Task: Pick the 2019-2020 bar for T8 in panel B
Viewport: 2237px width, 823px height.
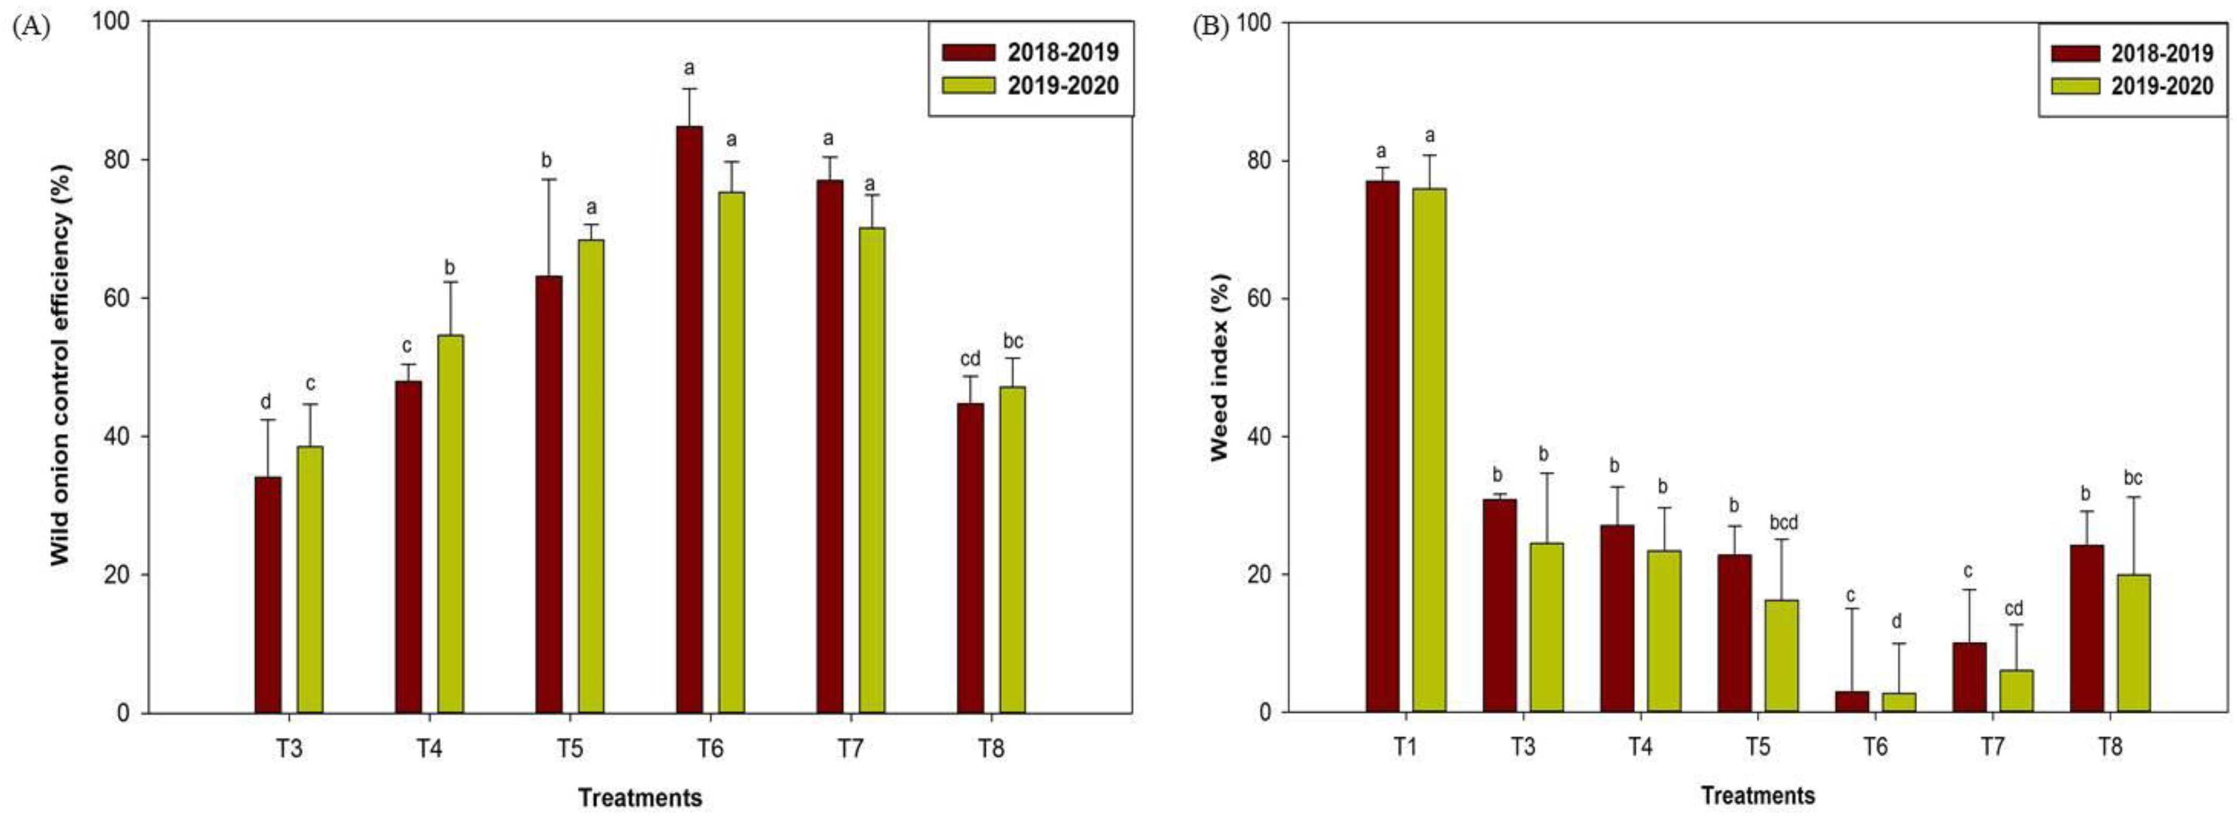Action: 2133,642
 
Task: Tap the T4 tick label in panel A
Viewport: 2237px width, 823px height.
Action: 429,749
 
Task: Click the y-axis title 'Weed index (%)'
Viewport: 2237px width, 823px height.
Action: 1220,367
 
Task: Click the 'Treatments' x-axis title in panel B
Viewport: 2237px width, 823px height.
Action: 1758,795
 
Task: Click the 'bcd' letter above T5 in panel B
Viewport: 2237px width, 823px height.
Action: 1784,522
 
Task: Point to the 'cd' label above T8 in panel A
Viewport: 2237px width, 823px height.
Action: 970,359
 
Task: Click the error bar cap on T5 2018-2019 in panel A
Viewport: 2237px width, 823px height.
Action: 549,180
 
